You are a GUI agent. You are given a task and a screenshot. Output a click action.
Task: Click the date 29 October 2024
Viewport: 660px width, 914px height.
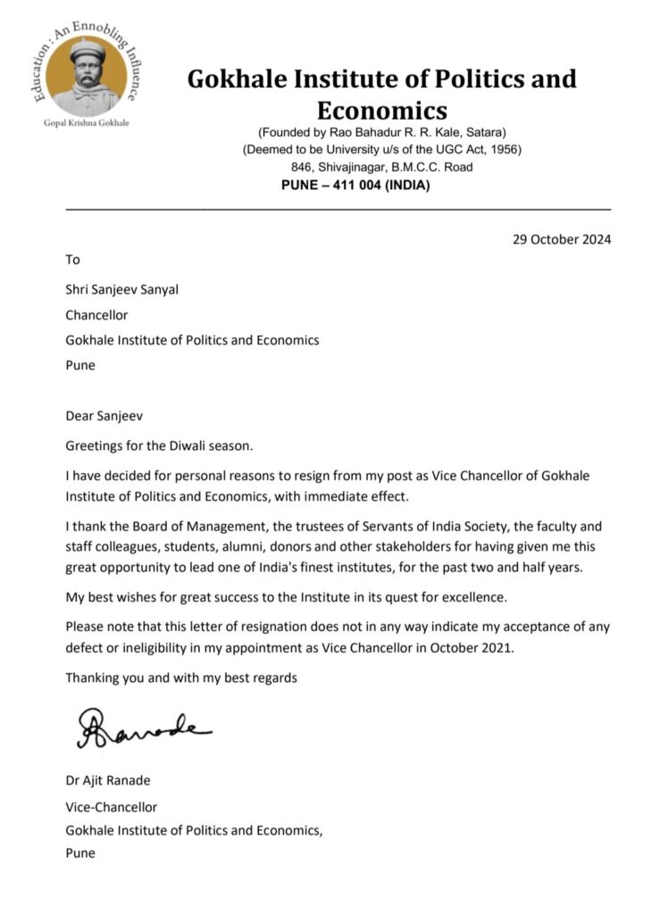click(x=562, y=239)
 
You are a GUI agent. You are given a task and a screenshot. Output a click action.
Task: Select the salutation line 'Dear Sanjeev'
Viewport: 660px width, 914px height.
click(x=103, y=415)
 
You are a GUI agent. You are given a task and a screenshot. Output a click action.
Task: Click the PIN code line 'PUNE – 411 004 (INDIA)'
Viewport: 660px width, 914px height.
click(x=355, y=185)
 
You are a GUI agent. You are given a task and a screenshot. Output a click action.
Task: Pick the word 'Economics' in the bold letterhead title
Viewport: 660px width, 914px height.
click(x=381, y=111)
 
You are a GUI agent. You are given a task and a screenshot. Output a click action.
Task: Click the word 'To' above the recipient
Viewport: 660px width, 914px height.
click(x=73, y=260)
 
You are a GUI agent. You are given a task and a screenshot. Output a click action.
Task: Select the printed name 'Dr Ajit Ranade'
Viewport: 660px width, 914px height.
click(x=108, y=781)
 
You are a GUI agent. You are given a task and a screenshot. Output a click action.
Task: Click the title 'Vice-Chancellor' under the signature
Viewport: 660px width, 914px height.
click(x=111, y=807)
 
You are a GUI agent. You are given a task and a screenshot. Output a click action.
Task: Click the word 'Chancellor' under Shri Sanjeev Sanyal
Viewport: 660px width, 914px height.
click(x=96, y=315)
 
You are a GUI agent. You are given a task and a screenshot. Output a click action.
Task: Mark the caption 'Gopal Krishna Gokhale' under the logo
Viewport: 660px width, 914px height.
click(x=86, y=122)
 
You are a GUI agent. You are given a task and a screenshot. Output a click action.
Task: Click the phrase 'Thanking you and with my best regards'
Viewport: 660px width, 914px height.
click(x=181, y=678)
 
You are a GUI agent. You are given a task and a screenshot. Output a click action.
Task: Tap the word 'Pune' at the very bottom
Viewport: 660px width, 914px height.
click(x=80, y=853)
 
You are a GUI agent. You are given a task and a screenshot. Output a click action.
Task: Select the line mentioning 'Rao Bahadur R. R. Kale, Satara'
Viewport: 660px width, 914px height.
click(x=381, y=132)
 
